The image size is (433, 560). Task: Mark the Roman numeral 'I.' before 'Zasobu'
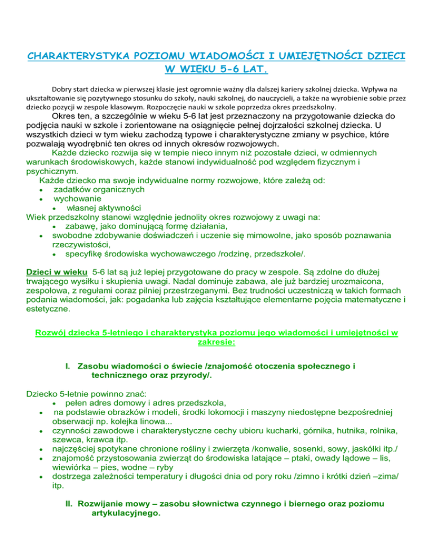click(x=69, y=367)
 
